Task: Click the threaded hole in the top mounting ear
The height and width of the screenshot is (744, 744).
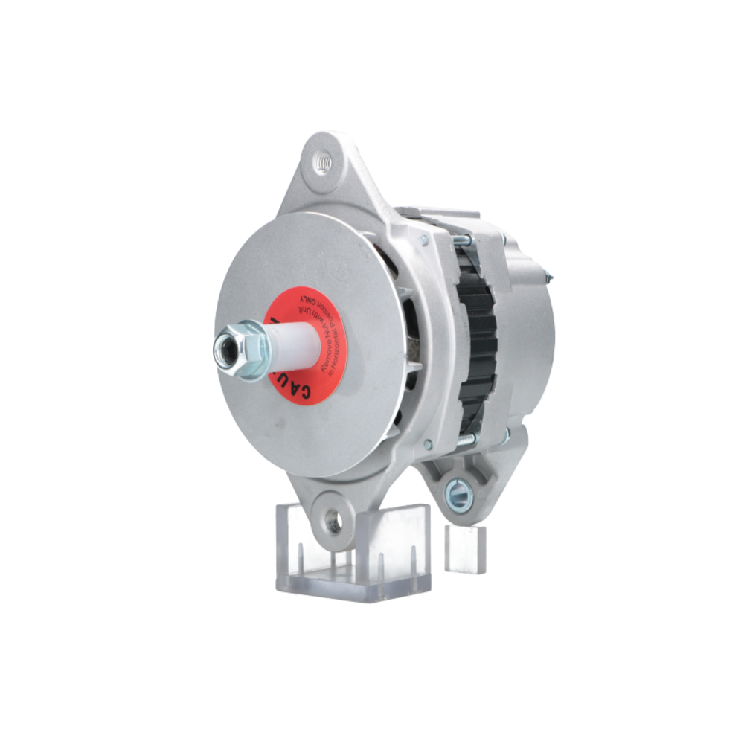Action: pyautogui.click(x=321, y=163)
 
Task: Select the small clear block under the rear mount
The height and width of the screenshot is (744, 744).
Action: pyautogui.click(x=465, y=549)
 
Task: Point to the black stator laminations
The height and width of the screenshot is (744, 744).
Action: pyautogui.click(x=476, y=342)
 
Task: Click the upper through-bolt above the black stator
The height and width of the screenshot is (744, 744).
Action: pyautogui.click(x=462, y=240)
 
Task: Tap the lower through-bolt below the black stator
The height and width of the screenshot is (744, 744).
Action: pyautogui.click(x=464, y=441)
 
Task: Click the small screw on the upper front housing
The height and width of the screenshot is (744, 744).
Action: pyautogui.click(x=423, y=240)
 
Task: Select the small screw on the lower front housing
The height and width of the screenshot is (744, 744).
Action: pyautogui.click(x=427, y=444)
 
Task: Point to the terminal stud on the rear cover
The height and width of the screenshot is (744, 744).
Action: pyautogui.click(x=549, y=276)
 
